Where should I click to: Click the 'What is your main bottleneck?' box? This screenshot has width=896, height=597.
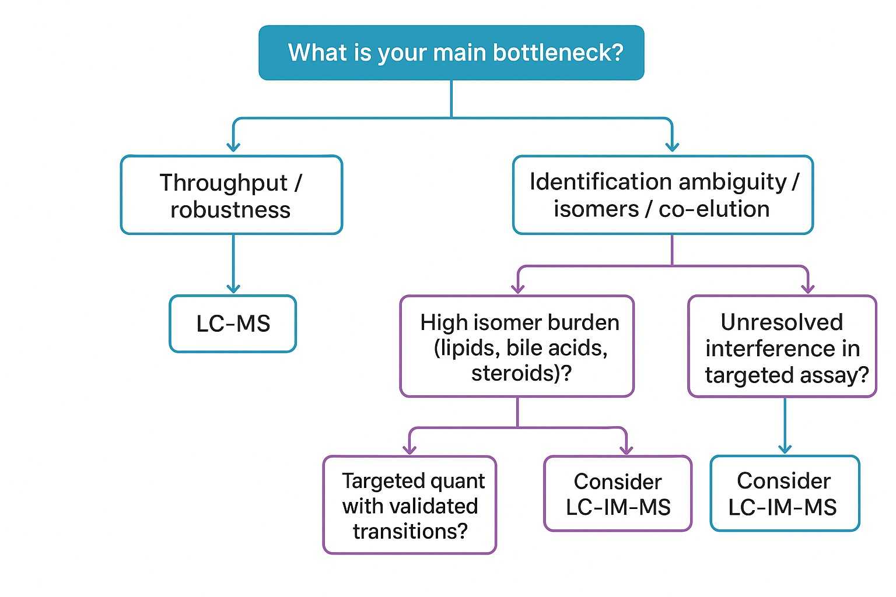point(451,52)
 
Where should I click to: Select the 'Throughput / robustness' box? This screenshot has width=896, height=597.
point(231,195)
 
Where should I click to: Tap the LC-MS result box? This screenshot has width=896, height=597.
point(233,324)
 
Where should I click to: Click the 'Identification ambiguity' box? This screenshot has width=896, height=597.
point(663,195)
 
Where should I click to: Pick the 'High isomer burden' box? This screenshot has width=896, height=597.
point(517,346)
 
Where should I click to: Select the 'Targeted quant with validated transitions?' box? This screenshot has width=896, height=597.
point(409,505)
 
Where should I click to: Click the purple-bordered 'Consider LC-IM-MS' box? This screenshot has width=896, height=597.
point(618,494)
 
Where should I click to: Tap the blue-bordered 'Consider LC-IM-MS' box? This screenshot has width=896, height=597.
point(785,494)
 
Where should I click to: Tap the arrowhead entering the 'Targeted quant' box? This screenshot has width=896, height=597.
point(410,449)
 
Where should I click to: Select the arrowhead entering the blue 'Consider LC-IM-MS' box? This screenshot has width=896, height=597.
point(785,449)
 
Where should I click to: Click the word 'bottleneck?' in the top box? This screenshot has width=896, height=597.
point(558,52)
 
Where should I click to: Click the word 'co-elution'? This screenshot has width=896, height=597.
point(714,209)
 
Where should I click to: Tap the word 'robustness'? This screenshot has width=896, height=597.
point(230,210)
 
